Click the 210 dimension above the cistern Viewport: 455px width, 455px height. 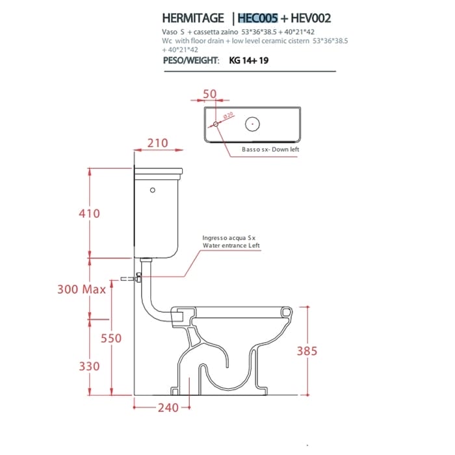click(157, 143)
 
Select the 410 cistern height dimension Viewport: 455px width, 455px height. click(90, 214)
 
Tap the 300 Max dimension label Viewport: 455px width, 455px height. click(81, 289)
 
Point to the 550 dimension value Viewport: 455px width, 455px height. click(111, 339)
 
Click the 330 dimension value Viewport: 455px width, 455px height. click(90, 366)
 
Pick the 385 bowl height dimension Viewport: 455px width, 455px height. click(307, 351)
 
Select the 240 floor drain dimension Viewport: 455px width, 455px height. click(168, 408)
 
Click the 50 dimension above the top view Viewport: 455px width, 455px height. click(209, 94)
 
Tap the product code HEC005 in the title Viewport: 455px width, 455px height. click(257, 18)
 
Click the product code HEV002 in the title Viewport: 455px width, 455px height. click(311, 18)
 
